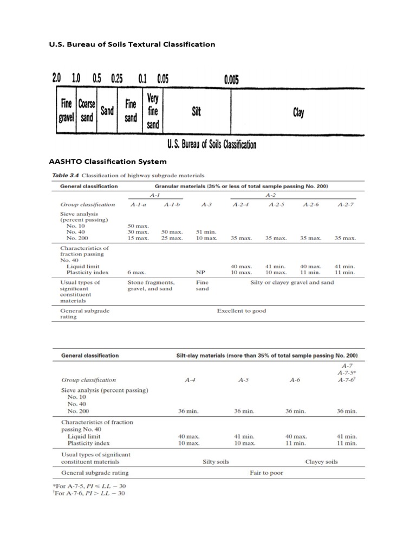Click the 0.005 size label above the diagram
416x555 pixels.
pyautogui.click(x=232, y=79)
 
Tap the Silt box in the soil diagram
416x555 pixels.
pyautogui.click(x=197, y=112)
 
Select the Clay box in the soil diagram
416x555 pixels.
pyautogui.click(x=298, y=112)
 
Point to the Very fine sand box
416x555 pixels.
pyautogui.click(x=153, y=112)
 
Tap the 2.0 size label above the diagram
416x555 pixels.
pyautogui.click(x=57, y=79)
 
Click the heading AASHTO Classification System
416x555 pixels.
pyautogui.click(x=108, y=162)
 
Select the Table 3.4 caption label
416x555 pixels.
pyautogui.click(x=66, y=176)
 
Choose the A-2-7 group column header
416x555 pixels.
pyautogui.click(x=345, y=204)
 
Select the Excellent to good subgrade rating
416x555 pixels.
pyautogui.click(x=241, y=311)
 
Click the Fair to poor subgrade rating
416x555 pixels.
pyautogui.click(x=266, y=473)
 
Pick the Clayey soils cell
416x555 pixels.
pyautogui.click(x=322, y=462)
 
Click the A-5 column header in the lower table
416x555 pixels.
pyautogui.click(x=243, y=380)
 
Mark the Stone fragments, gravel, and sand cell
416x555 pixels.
pyautogui.click(x=151, y=286)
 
